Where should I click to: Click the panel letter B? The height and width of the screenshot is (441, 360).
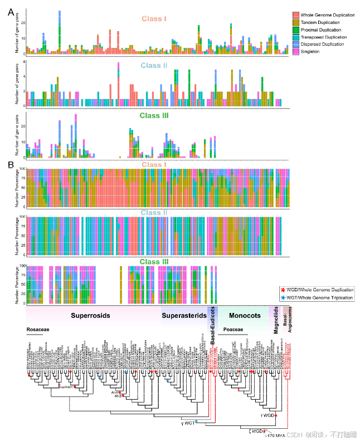point(11,164)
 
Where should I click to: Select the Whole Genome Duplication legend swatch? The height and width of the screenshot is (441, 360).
point(296,14)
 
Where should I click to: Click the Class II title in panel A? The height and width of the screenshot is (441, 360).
point(153,66)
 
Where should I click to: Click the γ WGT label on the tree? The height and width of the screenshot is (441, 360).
point(187,424)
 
